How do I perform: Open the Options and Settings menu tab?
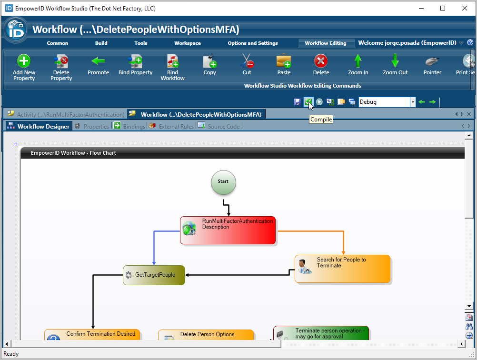coord(253,43)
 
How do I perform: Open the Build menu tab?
coord(101,43)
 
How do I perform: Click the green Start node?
coord(223,182)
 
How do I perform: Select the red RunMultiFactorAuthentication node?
coord(228,230)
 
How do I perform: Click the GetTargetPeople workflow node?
coord(154,275)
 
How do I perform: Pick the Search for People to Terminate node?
coord(342,269)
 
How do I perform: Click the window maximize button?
coord(443,8)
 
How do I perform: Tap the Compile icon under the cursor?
coord(308,102)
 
